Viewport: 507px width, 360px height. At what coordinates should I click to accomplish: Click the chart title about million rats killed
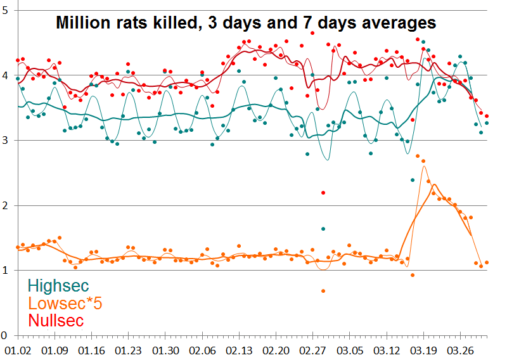(246, 23)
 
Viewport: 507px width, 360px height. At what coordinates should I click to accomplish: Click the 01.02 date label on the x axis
(16, 350)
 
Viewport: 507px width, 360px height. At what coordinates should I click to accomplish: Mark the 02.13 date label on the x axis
(239, 350)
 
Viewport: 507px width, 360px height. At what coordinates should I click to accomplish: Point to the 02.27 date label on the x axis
(314, 350)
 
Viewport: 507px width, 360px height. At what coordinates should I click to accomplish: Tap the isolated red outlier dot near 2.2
(323, 193)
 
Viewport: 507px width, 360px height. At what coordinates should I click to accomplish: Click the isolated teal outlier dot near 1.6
(323, 229)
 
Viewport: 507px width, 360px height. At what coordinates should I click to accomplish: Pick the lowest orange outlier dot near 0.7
(323, 291)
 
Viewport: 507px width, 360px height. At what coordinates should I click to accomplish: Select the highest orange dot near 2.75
(418, 156)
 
